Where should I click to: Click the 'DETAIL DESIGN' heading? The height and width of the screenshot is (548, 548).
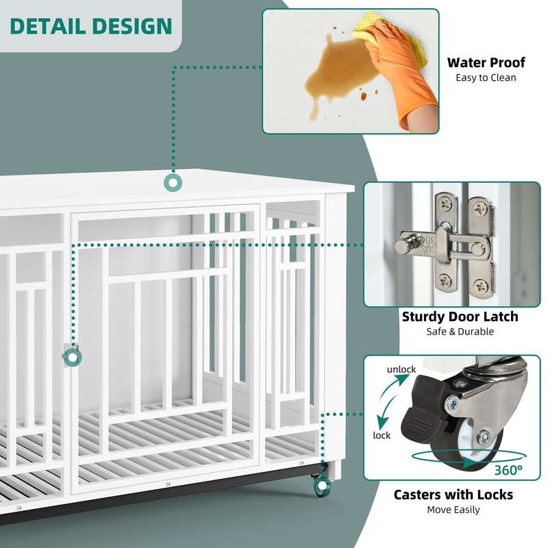(91, 26)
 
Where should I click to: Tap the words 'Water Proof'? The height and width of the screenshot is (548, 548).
(486, 62)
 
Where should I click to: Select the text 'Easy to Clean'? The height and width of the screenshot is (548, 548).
(486, 77)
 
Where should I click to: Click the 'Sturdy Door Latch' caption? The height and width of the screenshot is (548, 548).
(460, 316)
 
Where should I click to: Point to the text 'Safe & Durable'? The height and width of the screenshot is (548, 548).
(460, 332)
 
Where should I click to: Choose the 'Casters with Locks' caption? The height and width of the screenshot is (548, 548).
(453, 495)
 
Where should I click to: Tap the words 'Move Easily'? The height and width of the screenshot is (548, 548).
(453, 510)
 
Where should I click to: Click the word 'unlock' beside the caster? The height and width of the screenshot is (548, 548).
(401, 370)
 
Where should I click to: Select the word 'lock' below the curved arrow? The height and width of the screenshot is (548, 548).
(382, 435)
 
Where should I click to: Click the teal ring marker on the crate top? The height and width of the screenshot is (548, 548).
(172, 183)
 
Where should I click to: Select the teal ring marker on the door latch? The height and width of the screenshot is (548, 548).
(71, 356)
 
